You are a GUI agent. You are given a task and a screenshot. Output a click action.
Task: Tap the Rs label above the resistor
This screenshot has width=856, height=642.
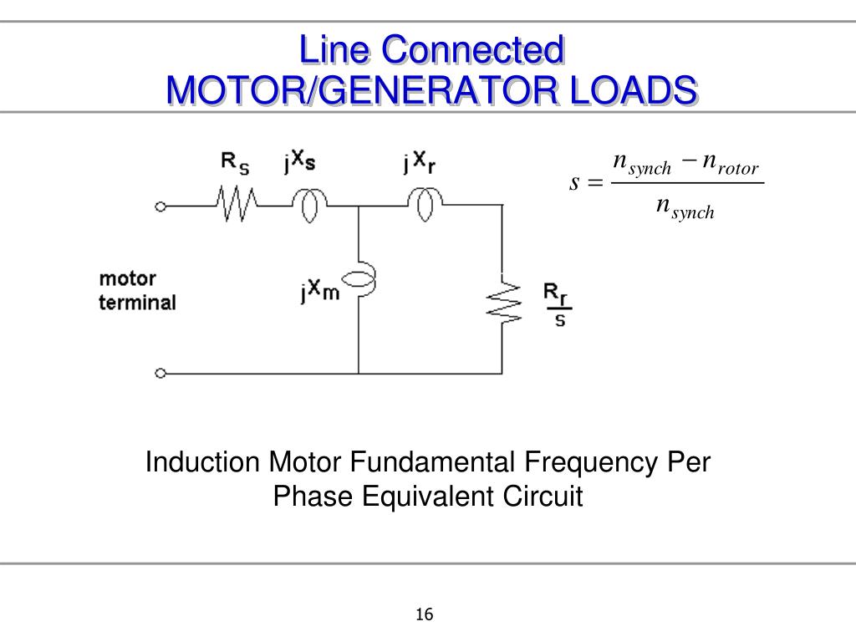coord(235,163)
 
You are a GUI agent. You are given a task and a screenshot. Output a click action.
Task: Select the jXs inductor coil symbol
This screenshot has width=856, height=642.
coord(309,206)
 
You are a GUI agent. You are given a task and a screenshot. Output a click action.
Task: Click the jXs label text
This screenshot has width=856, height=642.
coord(300,161)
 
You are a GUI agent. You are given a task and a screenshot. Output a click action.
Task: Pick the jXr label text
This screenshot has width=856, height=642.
coord(420,162)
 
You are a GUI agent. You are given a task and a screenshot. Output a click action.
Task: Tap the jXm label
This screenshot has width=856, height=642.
coord(320,290)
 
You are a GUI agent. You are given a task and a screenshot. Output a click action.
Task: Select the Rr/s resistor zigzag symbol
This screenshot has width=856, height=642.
coord(502,302)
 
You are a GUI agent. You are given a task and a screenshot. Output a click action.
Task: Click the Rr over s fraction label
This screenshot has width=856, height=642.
coord(558,304)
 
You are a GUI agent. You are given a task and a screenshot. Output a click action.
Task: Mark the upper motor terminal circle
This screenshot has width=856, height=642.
coord(160,206)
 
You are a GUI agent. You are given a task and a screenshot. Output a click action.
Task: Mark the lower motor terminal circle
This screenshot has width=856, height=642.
coord(160,374)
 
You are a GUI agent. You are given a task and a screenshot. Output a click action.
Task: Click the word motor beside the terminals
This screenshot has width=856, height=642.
coord(128,279)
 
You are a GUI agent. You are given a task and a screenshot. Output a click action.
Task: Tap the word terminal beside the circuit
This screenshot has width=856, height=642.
coord(138,303)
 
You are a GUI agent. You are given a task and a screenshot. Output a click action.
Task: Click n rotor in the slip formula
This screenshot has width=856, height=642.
coord(731,163)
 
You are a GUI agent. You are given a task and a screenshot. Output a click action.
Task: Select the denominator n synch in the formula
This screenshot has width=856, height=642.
coord(685,207)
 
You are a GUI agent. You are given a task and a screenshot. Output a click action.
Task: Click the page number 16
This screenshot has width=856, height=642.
coord(424,614)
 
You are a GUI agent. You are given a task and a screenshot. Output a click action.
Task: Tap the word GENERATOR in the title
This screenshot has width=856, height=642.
coord(438,89)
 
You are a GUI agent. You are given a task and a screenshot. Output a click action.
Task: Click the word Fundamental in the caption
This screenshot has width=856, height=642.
coord(432,461)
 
